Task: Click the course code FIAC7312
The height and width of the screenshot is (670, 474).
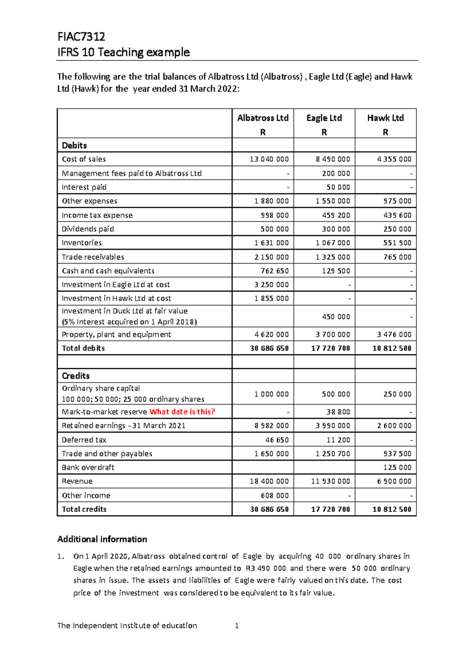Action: click(81, 37)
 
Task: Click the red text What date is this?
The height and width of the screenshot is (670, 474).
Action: click(182, 412)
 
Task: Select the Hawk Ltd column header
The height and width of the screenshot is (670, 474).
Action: click(385, 118)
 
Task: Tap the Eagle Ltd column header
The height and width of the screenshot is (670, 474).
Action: click(324, 118)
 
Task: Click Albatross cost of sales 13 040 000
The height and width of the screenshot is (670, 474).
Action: click(269, 159)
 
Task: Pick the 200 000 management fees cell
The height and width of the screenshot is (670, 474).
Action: click(336, 173)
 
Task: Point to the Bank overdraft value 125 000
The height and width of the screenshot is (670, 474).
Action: click(397, 467)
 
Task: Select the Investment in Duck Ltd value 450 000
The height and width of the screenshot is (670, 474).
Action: click(336, 316)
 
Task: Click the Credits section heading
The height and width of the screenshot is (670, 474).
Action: click(76, 376)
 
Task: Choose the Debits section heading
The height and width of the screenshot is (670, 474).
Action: click(74, 145)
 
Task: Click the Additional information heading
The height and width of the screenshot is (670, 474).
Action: click(102, 539)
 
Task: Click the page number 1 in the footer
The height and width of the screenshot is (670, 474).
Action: click(237, 625)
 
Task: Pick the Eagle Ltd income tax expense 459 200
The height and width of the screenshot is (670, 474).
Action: click(336, 215)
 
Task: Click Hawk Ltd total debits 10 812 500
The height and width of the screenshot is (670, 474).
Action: click(391, 348)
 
